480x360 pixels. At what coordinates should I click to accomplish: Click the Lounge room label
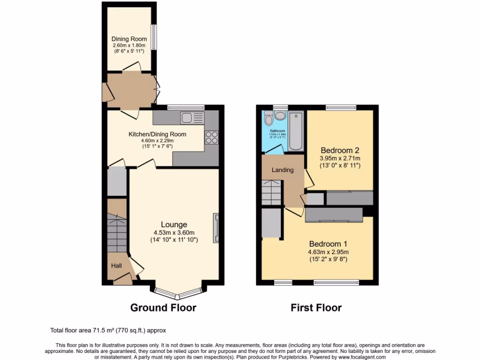174,225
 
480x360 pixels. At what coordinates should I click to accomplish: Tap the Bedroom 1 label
328,244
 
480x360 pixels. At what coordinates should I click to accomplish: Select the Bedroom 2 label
339,150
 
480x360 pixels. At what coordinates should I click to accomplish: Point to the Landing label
283,170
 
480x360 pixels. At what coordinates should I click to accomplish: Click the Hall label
116,266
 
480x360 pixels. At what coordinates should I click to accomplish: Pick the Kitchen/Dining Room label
157,134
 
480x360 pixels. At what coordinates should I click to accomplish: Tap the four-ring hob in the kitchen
211,137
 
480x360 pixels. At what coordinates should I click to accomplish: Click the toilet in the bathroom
268,117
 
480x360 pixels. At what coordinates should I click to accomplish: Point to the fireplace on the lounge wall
216,228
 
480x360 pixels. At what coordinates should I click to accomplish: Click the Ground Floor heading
163,308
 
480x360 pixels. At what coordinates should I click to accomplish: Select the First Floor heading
316,308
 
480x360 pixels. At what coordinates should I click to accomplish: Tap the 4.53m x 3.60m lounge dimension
174,232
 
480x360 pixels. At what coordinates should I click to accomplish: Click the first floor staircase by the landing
271,193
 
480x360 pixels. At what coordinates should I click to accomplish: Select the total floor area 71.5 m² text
108,330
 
